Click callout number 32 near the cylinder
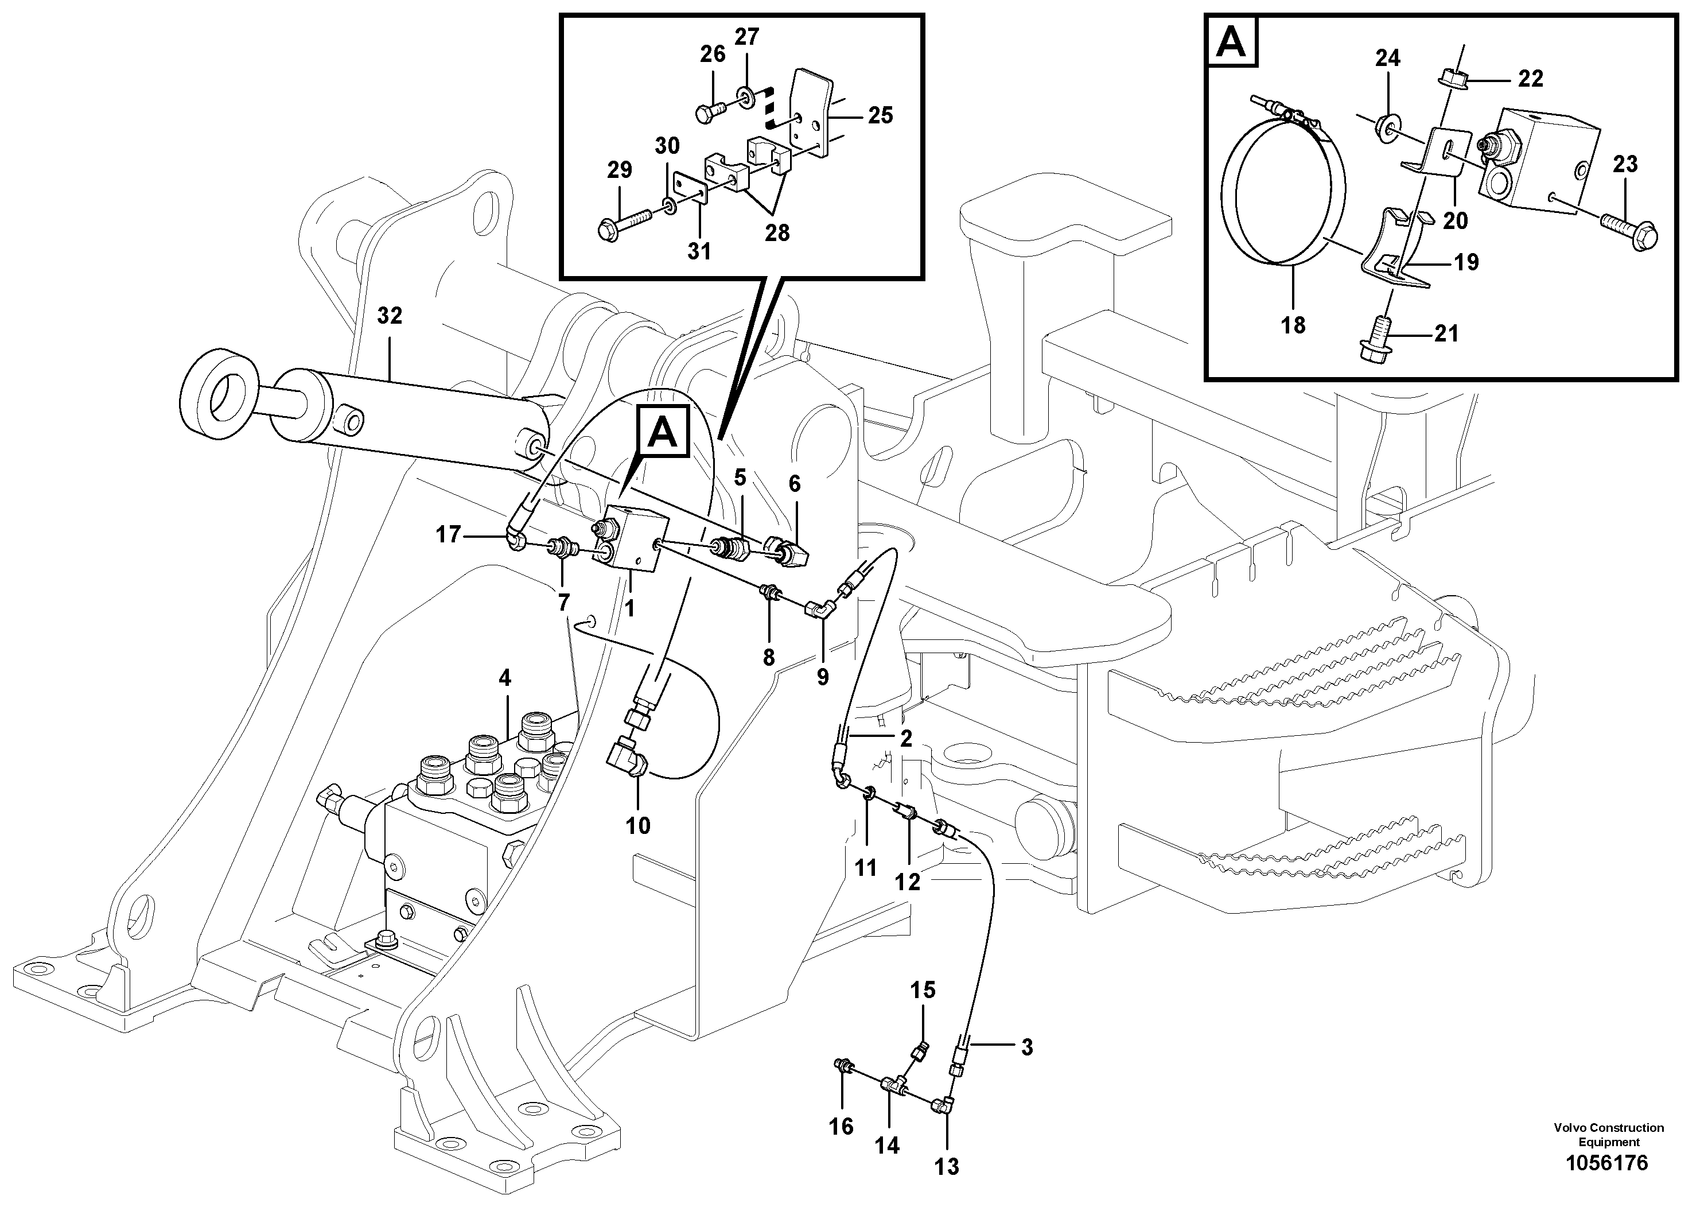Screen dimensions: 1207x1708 coord(389,316)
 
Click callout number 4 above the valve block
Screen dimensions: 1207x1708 coord(505,678)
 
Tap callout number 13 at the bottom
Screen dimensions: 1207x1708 coord(947,1167)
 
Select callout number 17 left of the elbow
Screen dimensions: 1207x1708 coord(448,534)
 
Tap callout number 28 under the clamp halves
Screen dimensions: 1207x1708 coord(777,233)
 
